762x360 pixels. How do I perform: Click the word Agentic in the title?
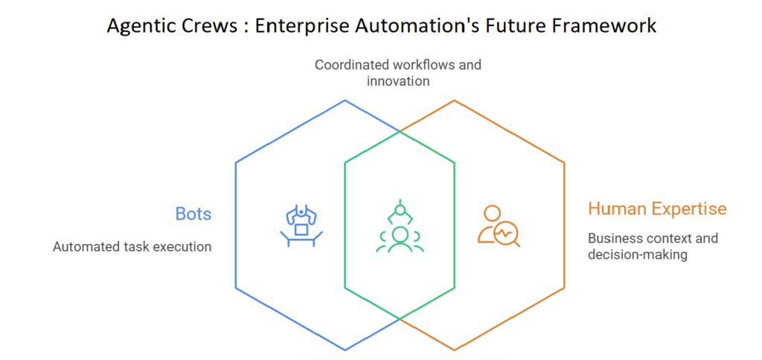coord(141,26)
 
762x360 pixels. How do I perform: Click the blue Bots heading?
coord(193,214)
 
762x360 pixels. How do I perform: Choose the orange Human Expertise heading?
coord(657,208)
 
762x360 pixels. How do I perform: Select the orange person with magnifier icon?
coord(496,225)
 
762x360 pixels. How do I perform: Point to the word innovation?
coord(398,80)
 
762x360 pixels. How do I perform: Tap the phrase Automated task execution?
coord(132,246)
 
